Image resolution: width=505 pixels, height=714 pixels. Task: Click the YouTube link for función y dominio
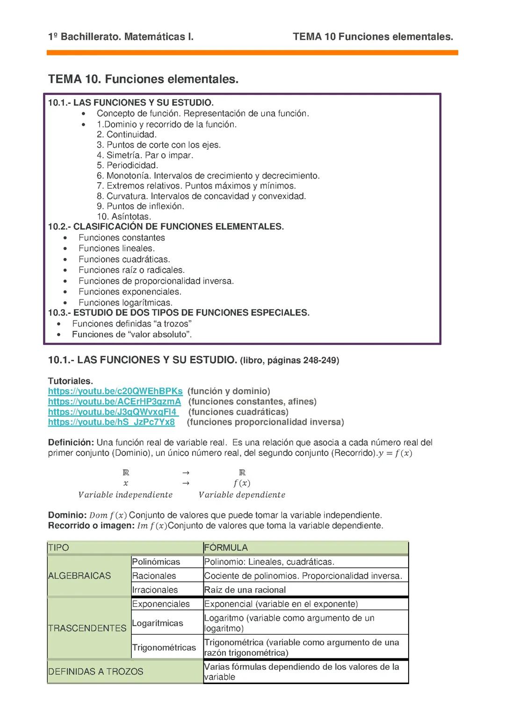pos(115,391)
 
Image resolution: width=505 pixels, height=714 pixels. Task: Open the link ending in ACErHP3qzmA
pos(114,401)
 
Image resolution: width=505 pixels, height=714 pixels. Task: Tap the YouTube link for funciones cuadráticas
pos(113,412)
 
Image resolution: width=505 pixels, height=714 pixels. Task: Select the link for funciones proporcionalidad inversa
pos(111,422)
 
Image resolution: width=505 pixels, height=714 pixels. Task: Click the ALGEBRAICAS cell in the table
pos(79,576)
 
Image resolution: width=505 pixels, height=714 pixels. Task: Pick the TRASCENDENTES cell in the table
pos(87,628)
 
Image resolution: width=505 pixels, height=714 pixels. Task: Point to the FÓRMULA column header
pos(226,548)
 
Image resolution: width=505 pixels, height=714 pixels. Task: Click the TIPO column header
pos(58,548)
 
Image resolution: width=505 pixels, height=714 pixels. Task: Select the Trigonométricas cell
pos(164,647)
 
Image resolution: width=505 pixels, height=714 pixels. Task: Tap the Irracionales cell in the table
pos(155,590)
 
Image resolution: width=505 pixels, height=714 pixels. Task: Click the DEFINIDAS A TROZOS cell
pos(96,671)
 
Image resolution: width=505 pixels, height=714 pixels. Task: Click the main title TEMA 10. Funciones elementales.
pos(143,79)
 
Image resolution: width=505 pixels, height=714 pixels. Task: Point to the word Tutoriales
pos(70,381)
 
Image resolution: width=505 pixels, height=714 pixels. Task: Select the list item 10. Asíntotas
pos(124,216)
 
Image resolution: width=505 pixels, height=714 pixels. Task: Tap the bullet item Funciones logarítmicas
pos(125,302)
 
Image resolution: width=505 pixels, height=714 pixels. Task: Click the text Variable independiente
pos(125,494)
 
